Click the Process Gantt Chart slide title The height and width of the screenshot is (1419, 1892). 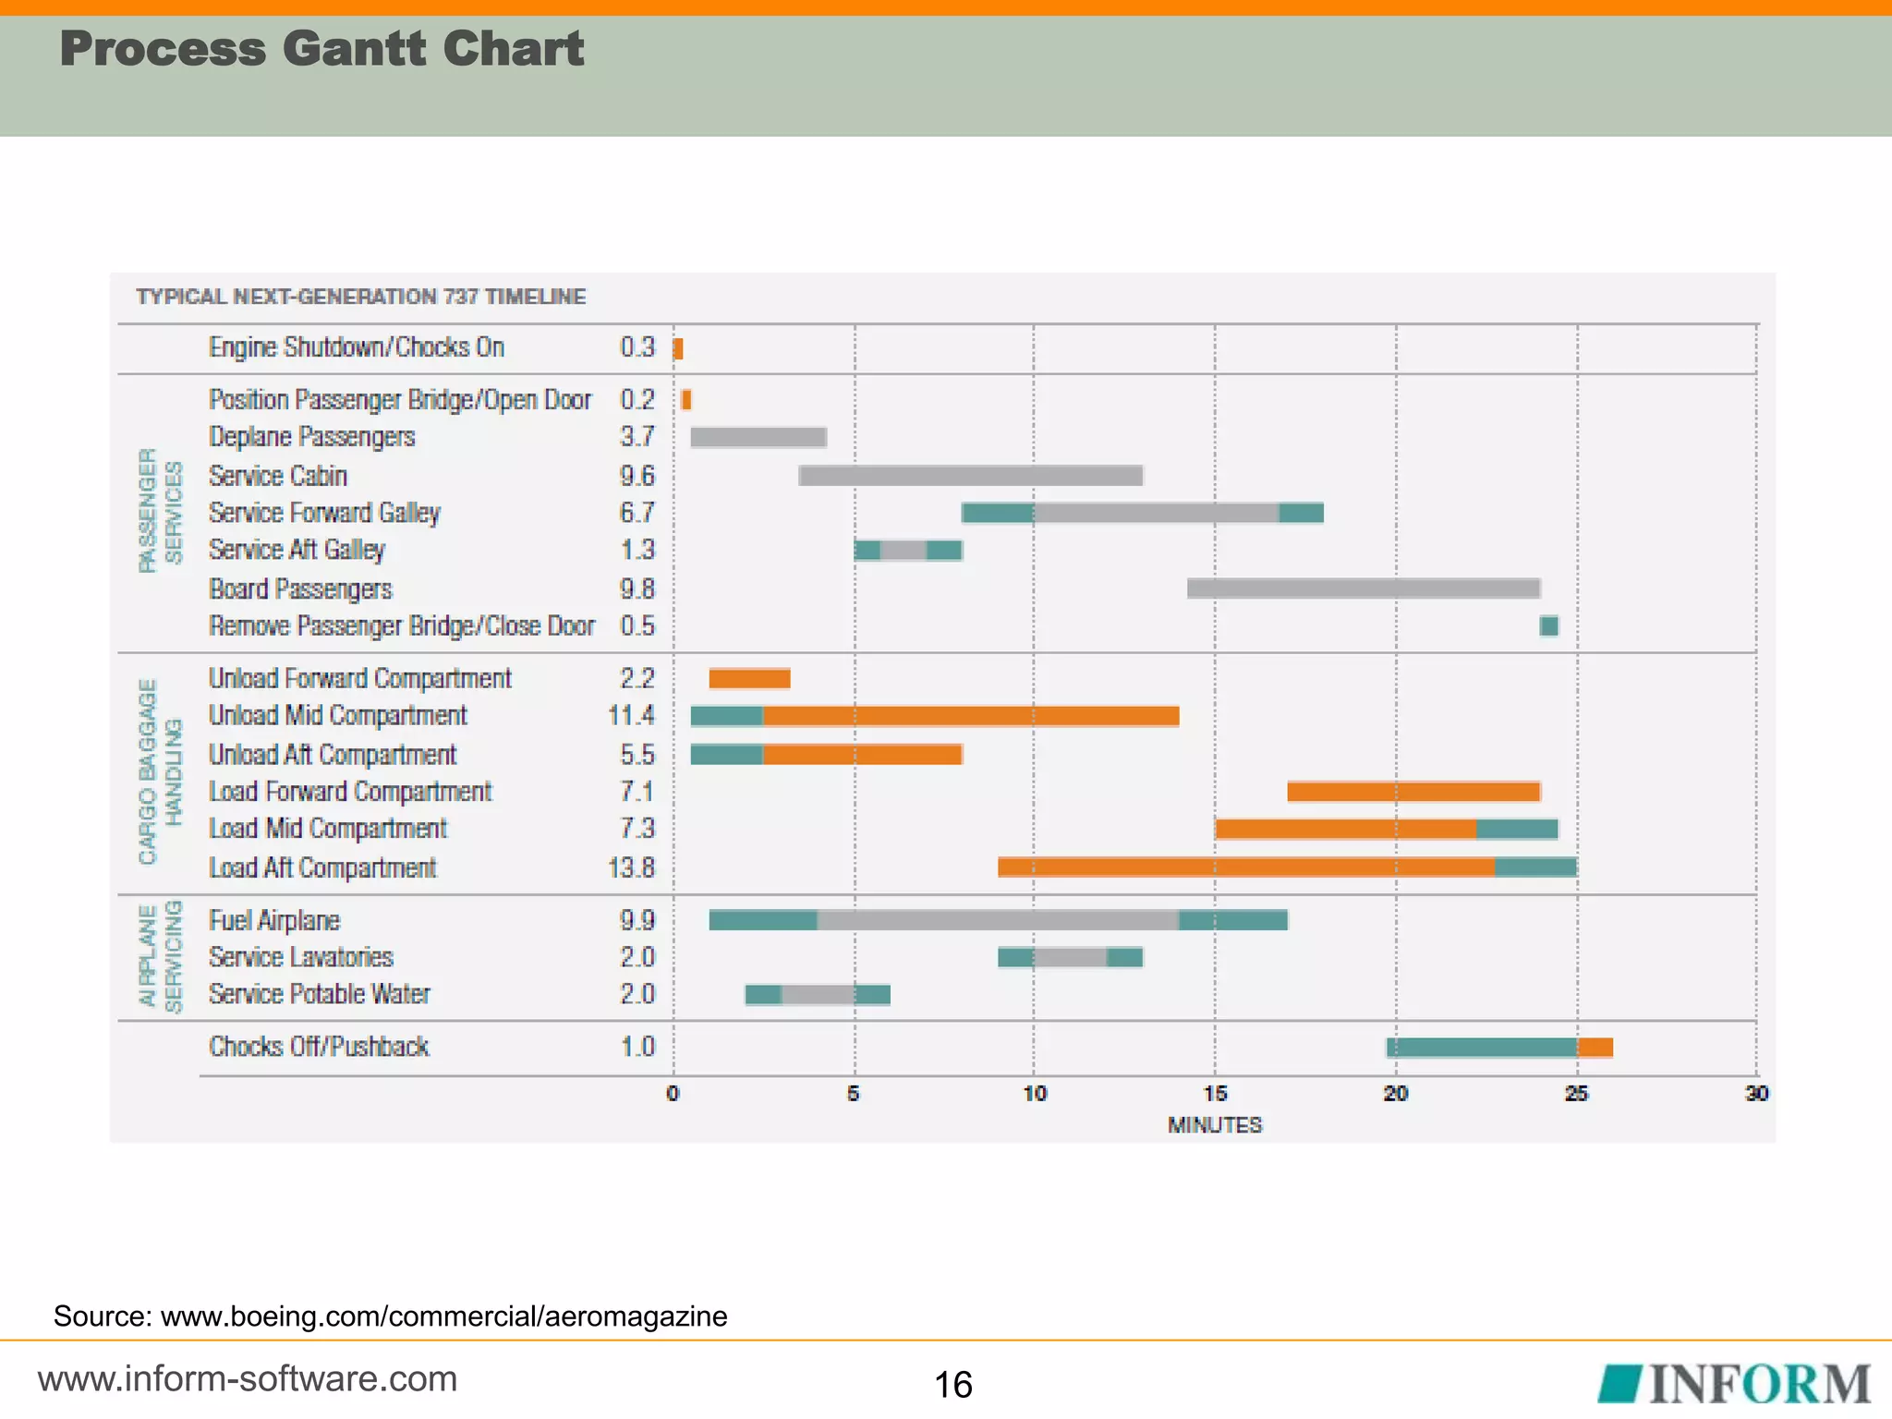[321, 49]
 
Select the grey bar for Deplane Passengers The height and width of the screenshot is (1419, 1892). [758, 437]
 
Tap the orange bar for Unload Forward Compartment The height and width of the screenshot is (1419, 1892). [749, 679]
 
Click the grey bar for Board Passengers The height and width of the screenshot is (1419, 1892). [1363, 588]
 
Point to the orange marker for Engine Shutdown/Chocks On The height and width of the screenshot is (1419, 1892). [678, 349]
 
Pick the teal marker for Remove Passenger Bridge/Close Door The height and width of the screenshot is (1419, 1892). [1549, 626]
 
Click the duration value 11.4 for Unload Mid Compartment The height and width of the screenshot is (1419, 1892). [631, 716]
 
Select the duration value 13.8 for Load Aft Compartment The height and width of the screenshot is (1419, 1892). [631, 868]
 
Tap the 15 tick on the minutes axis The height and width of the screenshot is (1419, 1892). [1215, 1094]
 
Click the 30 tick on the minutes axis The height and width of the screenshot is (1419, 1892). [1756, 1094]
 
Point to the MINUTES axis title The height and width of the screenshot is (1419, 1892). [1215, 1125]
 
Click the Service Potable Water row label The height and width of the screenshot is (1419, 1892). [320, 994]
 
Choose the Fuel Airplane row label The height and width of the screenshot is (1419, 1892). [274, 921]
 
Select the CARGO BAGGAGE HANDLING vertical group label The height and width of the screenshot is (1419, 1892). [160, 772]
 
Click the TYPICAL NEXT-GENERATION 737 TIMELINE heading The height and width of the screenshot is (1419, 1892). [360, 297]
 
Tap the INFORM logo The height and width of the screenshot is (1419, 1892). [1735, 1384]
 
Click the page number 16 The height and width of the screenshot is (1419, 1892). [952, 1385]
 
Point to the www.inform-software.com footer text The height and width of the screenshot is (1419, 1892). [248, 1379]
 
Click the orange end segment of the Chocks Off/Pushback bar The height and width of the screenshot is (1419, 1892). [1595, 1048]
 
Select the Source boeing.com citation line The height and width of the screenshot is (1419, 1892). [390, 1316]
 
